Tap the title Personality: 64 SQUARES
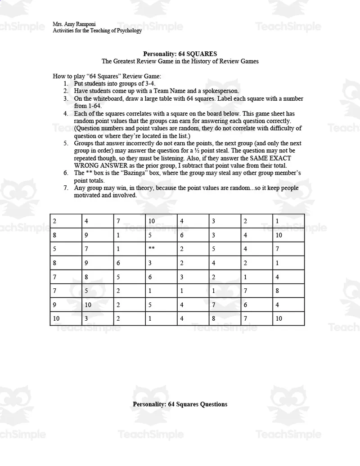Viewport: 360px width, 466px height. click(180, 54)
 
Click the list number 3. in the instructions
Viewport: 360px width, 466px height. click(66, 99)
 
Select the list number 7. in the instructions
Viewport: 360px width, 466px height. click(66, 188)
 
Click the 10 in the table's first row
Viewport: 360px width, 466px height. click(152, 221)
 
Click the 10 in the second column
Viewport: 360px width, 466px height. click(88, 305)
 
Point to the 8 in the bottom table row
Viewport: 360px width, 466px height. click(214, 318)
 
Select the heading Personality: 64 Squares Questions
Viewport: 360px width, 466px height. click(180, 404)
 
